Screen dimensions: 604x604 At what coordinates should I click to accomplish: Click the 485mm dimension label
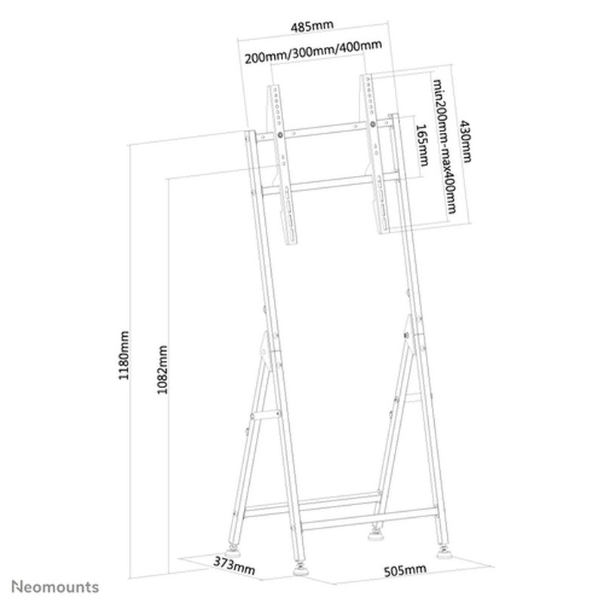pyautogui.click(x=312, y=26)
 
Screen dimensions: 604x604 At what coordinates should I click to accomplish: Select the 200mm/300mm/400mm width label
pyautogui.click(x=312, y=48)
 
